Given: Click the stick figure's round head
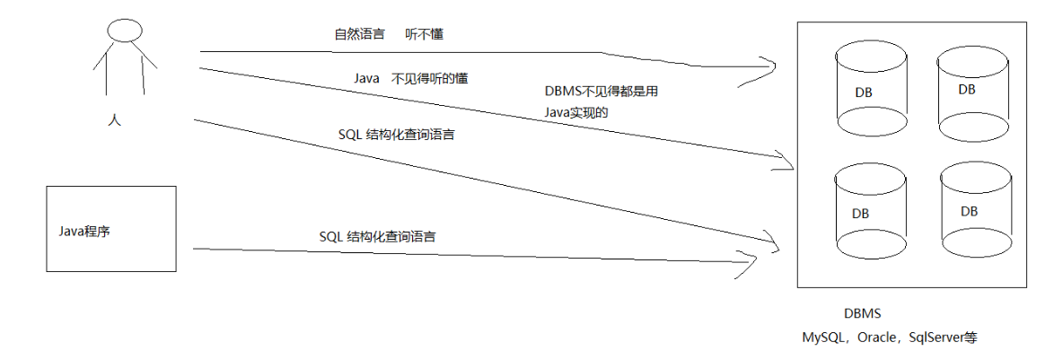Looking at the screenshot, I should click(x=125, y=31).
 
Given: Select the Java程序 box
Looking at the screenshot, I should click(x=111, y=229).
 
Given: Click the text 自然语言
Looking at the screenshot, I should click(x=359, y=35).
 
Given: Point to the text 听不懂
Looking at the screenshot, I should click(x=425, y=35).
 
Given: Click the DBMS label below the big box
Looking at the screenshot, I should click(x=862, y=314).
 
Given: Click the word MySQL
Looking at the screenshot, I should click(x=823, y=338).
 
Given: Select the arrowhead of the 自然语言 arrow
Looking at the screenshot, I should click(x=769, y=67).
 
